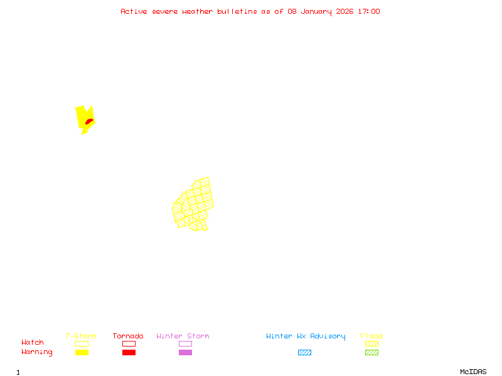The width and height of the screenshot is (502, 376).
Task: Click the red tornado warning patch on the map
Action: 89,121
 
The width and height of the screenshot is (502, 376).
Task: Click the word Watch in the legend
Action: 33,343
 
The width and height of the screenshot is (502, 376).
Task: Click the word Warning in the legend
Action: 37,352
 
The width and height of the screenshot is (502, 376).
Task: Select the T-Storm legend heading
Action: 81,337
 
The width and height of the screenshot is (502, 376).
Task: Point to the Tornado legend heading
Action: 128,337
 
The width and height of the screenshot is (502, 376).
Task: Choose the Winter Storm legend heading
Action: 183,337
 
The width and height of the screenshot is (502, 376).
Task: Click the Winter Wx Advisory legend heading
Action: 306,337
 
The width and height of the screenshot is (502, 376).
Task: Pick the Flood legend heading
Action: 371,337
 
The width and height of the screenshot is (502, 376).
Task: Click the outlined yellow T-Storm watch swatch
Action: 82,343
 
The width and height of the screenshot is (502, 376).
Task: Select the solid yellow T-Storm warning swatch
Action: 82,353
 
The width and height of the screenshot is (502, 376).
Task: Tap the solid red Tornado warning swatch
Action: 129,353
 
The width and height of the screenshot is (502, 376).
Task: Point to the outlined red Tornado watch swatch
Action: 129,343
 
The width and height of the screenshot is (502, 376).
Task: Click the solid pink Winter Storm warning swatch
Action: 185,353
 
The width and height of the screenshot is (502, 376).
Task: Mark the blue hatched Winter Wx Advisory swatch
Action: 304,353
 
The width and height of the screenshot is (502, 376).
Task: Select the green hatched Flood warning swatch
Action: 371,353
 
